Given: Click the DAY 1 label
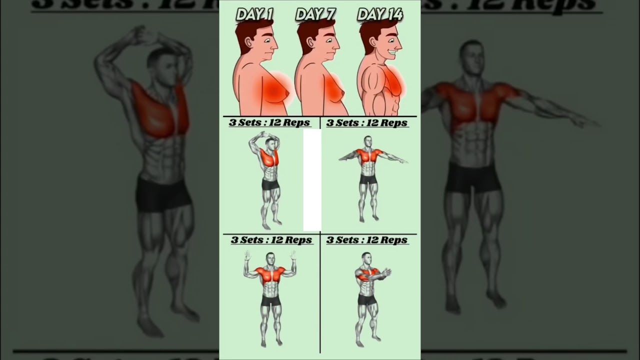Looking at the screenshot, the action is (x=254, y=14).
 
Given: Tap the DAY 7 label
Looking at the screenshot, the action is (x=315, y=14).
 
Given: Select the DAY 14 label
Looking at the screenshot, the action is (x=380, y=14).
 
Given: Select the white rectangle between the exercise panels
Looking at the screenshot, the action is (x=312, y=180).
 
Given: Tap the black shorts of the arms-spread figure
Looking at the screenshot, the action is (x=368, y=179).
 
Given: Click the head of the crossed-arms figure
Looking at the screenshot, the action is (x=366, y=258).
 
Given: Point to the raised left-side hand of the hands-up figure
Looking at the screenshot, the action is (x=247, y=255).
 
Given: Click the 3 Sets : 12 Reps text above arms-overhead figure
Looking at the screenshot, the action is (x=269, y=122).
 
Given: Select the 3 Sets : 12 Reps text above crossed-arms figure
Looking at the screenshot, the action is (x=367, y=240).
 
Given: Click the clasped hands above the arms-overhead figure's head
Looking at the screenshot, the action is (x=264, y=134).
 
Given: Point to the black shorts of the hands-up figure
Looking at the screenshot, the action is (x=270, y=301).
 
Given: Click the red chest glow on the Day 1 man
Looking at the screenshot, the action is (x=273, y=90).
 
